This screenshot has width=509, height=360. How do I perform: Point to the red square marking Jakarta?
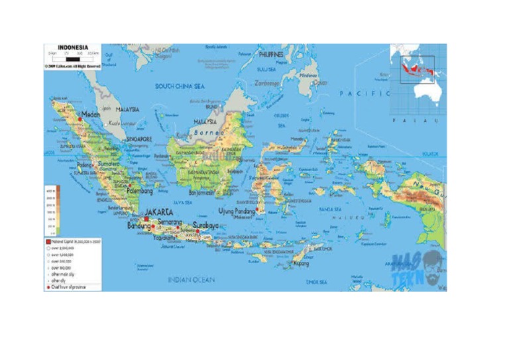point(146,218)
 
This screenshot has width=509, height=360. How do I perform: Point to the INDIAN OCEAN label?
point(192,280)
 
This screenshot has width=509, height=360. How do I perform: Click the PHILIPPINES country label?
point(270,54)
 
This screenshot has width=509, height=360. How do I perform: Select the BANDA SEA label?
point(329,209)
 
